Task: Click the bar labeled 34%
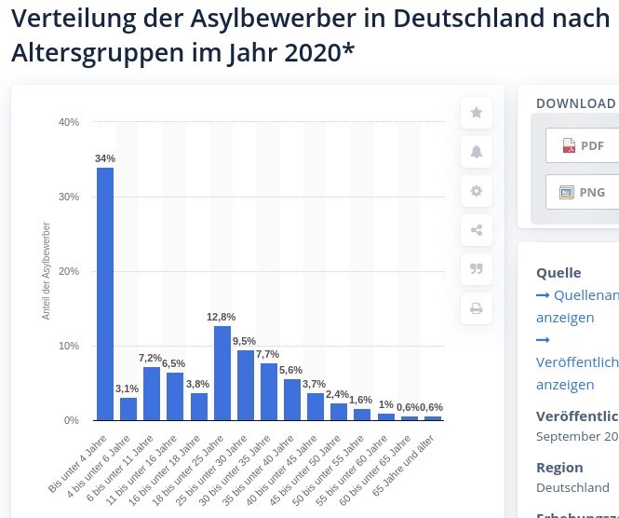105,293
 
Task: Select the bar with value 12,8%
222,373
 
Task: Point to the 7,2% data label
151,358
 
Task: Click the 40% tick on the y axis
69,122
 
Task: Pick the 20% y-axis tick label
69,271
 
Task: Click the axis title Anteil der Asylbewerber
46,271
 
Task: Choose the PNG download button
583,192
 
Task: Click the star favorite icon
477,113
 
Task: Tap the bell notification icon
477,152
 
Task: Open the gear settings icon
477,191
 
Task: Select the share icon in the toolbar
477,230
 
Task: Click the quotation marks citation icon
477,269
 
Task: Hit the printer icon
477,308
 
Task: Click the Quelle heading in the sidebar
558,273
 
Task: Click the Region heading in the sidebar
559,468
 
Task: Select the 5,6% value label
291,370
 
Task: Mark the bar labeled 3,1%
128,409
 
